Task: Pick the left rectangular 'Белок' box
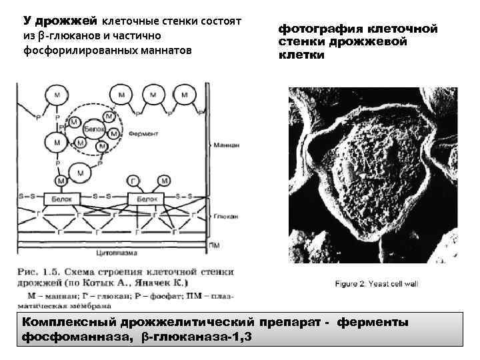pos(58,198)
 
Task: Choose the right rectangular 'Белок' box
pos(146,198)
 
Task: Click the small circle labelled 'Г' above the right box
pos(133,180)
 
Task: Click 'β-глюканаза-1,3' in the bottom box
pos(197,337)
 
